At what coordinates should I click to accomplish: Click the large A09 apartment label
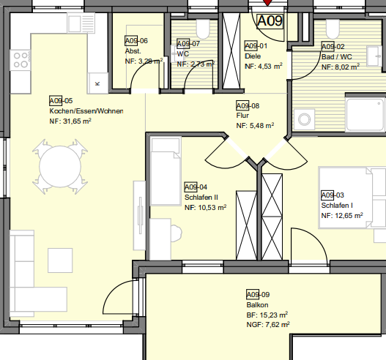point(270,21)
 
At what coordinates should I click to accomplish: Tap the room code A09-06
point(136,40)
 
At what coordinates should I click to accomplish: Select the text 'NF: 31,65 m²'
point(70,121)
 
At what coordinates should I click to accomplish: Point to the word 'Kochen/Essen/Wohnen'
point(86,111)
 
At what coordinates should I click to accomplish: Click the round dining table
point(60,167)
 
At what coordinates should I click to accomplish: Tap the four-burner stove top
point(21,60)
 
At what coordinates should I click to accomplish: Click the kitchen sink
point(81,23)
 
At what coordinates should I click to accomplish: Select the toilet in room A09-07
point(203,29)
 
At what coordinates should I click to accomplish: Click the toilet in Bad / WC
point(333,29)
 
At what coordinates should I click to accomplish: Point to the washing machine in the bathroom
point(304,119)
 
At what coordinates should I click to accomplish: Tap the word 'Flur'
point(242,116)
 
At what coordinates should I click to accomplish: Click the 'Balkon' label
point(257,305)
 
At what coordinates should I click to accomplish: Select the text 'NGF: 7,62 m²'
point(268,325)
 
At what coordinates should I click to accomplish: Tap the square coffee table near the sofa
point(60,260)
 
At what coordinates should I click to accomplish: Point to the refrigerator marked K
point(97,83)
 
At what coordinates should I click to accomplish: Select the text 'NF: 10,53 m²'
point(206,208)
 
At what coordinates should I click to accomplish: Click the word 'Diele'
point(253,56)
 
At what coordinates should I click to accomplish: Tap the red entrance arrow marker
point(267,2)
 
